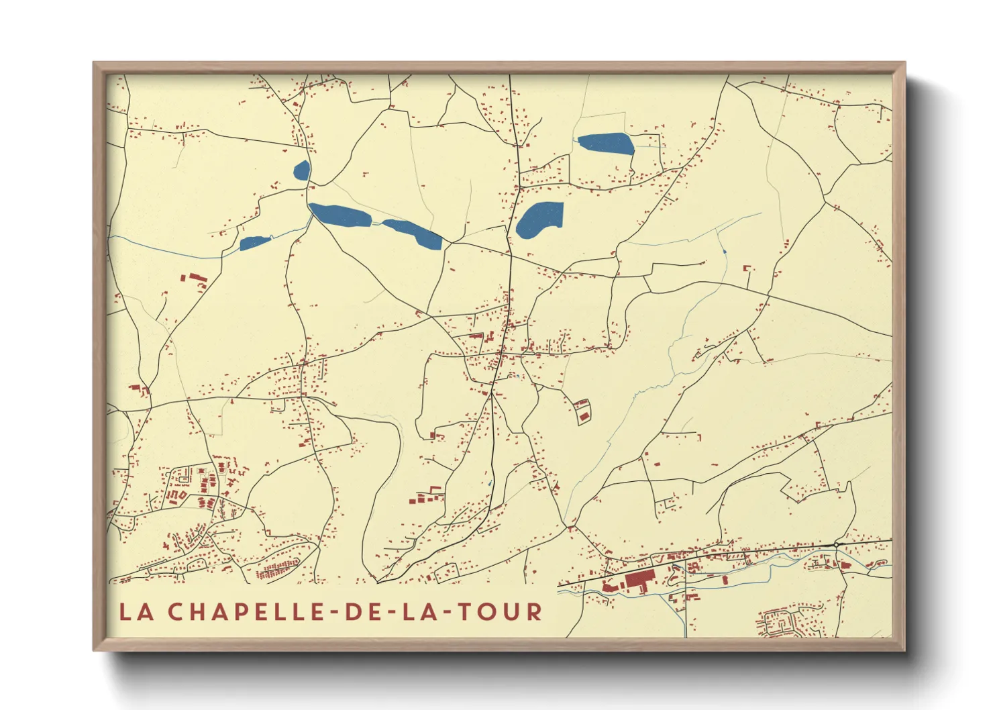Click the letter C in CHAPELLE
tap(176, 612)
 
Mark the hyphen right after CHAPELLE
tap(333, 613)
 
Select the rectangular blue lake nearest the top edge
tap(605, 144)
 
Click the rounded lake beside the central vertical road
tap(539, 219)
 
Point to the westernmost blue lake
tap(254, 243)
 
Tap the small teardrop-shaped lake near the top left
tap(302, 171)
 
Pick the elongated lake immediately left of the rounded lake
tap(413, 233)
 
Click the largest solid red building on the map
tap(639, 581)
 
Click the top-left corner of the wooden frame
tap(95, 64)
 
